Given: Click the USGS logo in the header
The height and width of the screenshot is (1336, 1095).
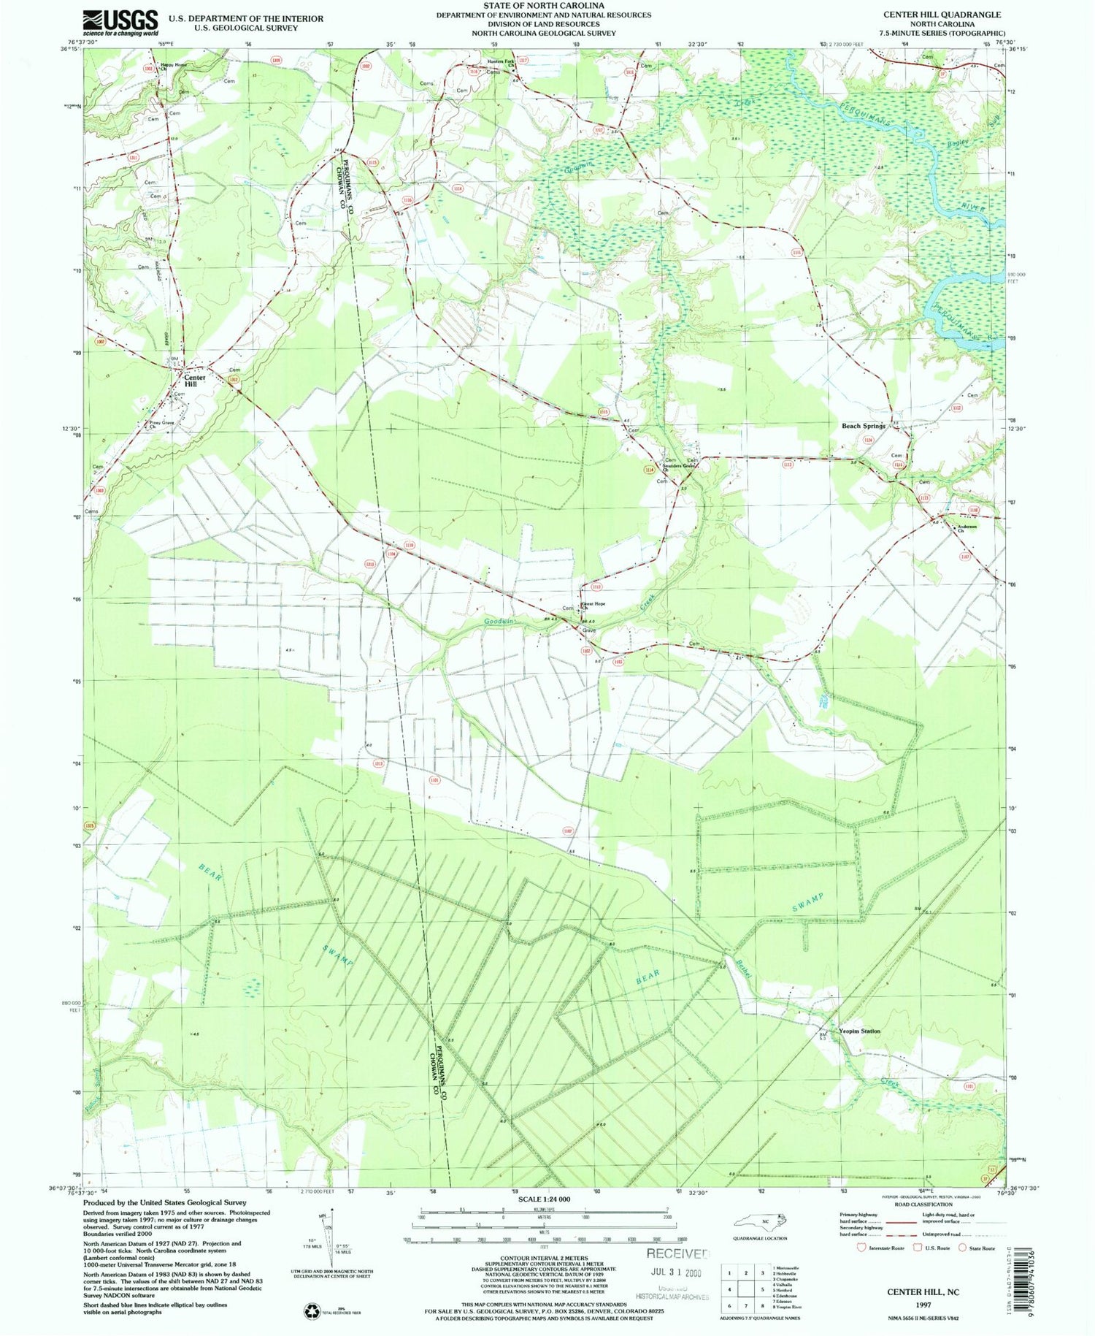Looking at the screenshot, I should tap(120, 22).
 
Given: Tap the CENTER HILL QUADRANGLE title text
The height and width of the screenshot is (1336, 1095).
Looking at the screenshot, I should tap(942, 15).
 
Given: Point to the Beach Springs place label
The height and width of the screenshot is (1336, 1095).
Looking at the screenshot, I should tap(864, 426).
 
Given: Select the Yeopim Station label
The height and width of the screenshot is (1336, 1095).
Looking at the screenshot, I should tap(859, 1031).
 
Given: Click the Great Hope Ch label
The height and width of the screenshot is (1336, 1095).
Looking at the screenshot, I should tap(593, 606).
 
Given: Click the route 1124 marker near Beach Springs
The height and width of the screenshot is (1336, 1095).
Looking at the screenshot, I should tap(868, 440).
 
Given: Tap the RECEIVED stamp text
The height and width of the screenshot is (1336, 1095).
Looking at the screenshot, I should tap(677, 1253).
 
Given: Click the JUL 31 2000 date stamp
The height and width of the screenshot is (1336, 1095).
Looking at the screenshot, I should tap(678, 1272).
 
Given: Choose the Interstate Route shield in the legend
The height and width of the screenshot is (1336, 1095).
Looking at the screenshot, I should tap(862, 1248).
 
